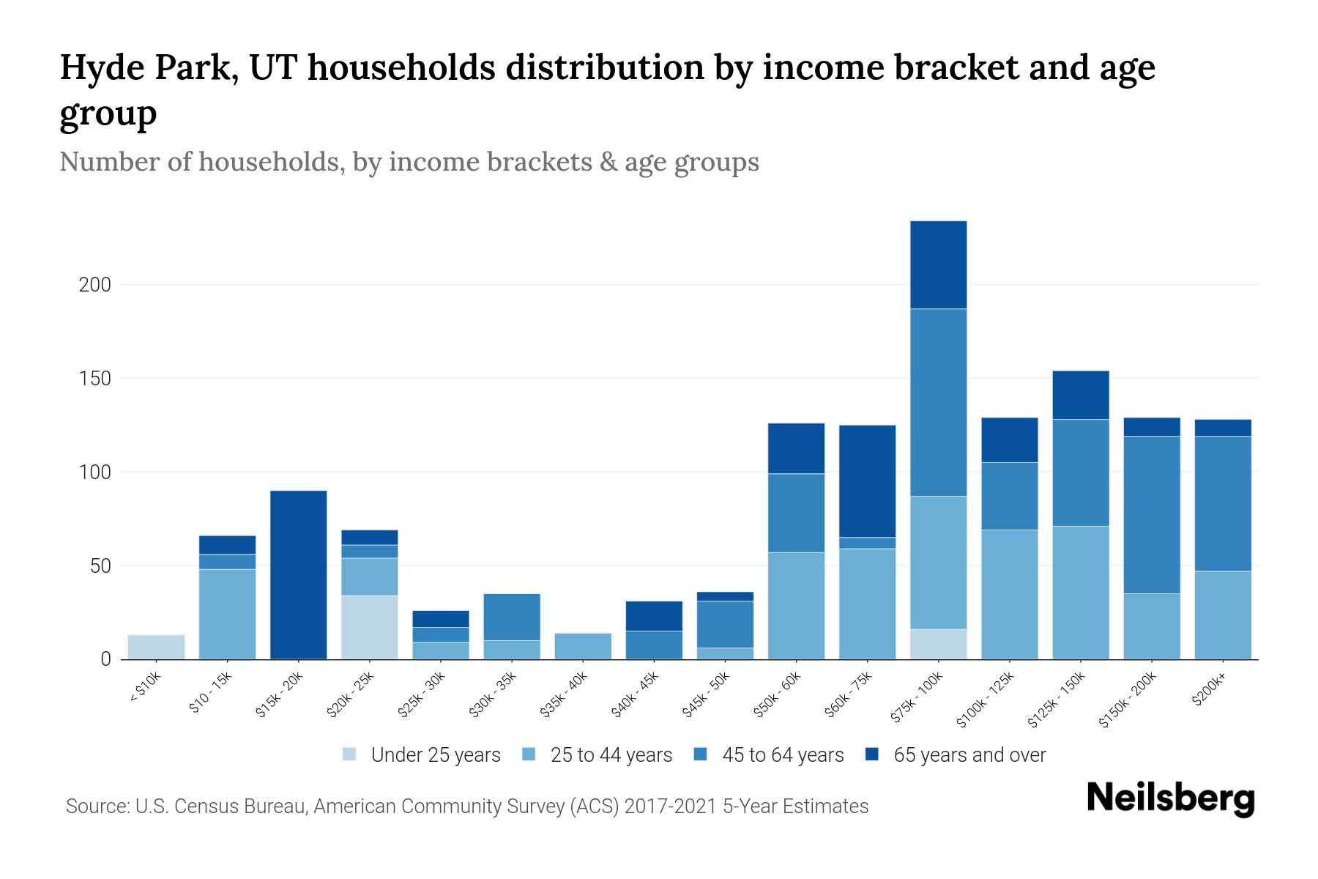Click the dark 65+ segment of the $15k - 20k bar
[298, 575]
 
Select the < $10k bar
[156, 647]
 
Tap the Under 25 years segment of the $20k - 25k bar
[369, 627]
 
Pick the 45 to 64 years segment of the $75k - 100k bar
[938, 402]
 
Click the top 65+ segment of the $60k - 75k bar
[867, 481]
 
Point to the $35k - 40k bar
[583, 646]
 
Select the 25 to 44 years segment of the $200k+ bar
[1222, 615]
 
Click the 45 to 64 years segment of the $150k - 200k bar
[1151, 515]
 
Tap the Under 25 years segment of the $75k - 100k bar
[938, 644]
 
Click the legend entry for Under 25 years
[422, 755]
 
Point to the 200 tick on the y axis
[94, 285]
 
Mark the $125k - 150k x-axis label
[1057, 700]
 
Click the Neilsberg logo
[1170, 798]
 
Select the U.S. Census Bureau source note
[466, 806]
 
